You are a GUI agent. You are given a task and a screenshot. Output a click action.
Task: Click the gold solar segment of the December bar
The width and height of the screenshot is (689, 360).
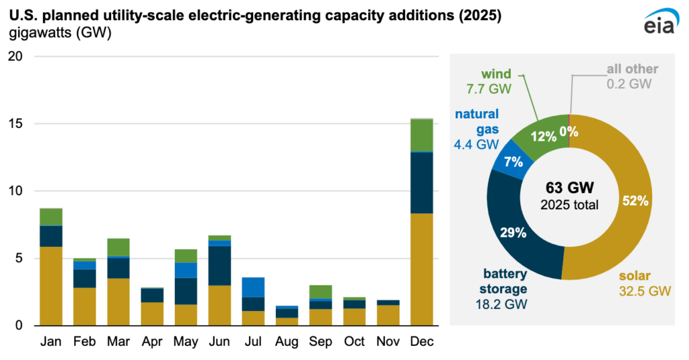pos(422,269)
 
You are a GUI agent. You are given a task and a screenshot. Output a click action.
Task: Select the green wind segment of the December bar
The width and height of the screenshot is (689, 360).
pos(422,135)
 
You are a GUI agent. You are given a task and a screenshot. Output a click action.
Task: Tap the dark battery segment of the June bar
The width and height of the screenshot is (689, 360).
pos(219,265)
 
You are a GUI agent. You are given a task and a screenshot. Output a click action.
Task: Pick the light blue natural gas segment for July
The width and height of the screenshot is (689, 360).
pos(253,287)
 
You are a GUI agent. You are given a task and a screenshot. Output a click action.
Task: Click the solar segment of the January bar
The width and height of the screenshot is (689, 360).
pos(50,286)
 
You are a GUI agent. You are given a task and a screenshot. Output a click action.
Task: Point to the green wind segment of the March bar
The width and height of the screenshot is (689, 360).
pos(118,247)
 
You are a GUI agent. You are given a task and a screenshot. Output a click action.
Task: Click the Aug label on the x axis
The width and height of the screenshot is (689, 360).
pos(287,342)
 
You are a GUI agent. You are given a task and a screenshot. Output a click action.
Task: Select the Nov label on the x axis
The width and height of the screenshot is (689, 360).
pos(388,342)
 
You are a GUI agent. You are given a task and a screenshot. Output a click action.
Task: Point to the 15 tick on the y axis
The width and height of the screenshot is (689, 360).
pos(15,124)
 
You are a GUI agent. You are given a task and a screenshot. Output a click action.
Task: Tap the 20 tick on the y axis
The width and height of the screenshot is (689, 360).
pos(15,57)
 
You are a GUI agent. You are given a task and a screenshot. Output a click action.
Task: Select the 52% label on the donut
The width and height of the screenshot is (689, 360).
pos(634,201)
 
